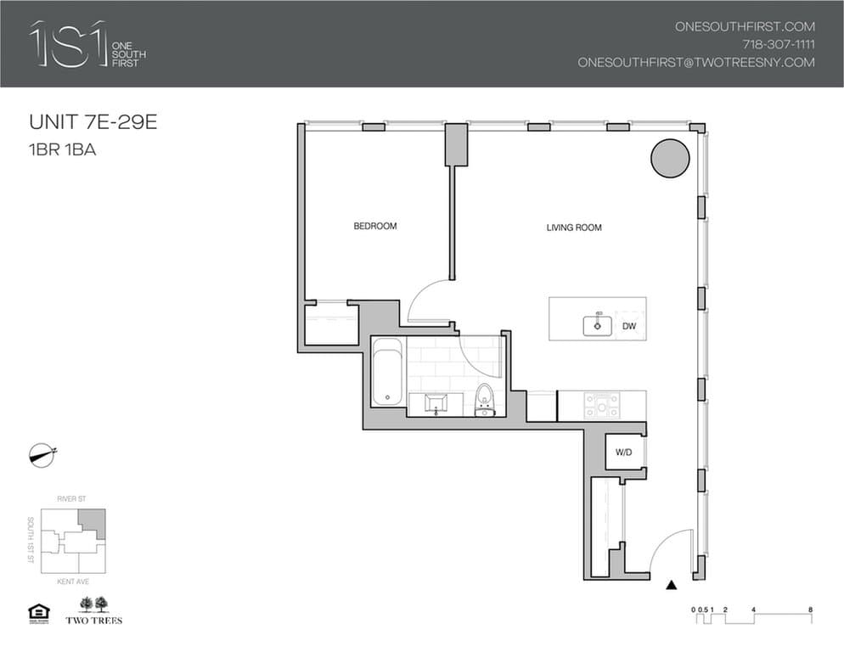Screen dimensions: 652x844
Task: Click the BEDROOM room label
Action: (x=375, y=227)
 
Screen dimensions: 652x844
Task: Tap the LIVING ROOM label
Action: (x=574, y=228)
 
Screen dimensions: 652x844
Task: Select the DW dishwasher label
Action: (x=629, y=326)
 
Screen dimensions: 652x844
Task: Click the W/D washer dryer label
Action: (x=624, y=453)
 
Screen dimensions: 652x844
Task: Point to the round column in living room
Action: (x=670, y=158)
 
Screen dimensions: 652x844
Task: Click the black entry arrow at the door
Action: (x=672, y=584)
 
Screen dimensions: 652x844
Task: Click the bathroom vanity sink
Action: (x=437, y=402)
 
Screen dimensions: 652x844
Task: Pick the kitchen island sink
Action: (x=598, y=324)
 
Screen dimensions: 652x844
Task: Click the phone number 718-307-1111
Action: (x=778, y=44)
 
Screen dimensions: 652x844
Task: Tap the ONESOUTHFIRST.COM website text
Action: (x=744, y=26)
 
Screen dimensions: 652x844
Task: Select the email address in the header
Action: (x=695, y=62)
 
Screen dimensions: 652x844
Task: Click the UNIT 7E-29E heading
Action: (x=93, y=122)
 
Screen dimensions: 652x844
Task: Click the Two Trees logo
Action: (x=93, y=610)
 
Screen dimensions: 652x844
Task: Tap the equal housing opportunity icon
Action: (x=37, y=611)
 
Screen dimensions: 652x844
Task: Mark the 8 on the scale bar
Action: (x=811, y=610)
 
